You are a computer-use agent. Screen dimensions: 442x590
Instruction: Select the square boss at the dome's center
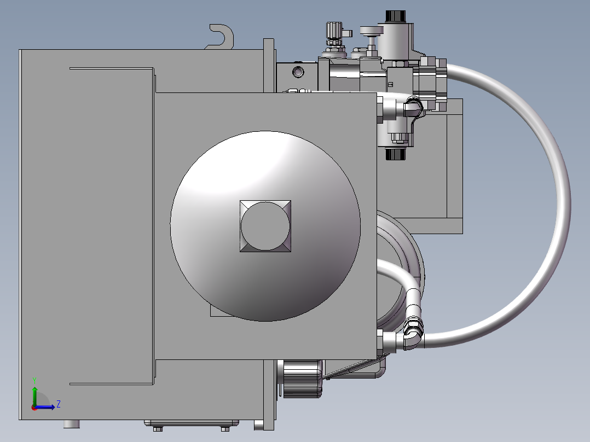point(265,226)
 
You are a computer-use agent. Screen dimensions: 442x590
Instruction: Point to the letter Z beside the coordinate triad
point(59,404)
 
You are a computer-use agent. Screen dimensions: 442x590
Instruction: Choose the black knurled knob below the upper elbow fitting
point(395,154)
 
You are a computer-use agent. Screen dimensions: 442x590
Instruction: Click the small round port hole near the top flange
point(298,71)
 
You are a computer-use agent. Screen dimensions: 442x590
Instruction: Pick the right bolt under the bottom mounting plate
point(225,428)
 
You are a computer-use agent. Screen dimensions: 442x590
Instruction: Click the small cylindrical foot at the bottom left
point(72,424)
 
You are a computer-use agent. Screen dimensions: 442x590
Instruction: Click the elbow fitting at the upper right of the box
point(413,106)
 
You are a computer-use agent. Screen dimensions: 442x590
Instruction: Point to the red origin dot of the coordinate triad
point(34,407)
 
